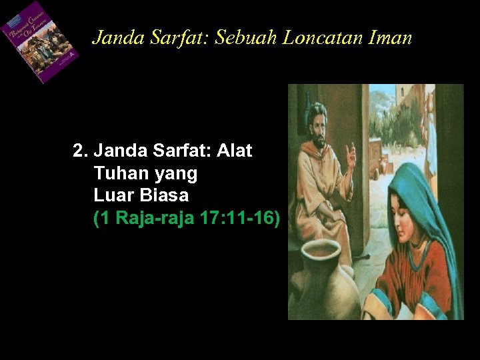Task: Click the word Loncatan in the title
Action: (x=322, y=38)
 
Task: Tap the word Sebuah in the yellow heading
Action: (x=253, y=38)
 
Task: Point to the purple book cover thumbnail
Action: (x=40, y=41)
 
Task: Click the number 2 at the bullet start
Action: (x=78, y=151)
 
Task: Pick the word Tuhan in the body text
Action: (x=118, y=173)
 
